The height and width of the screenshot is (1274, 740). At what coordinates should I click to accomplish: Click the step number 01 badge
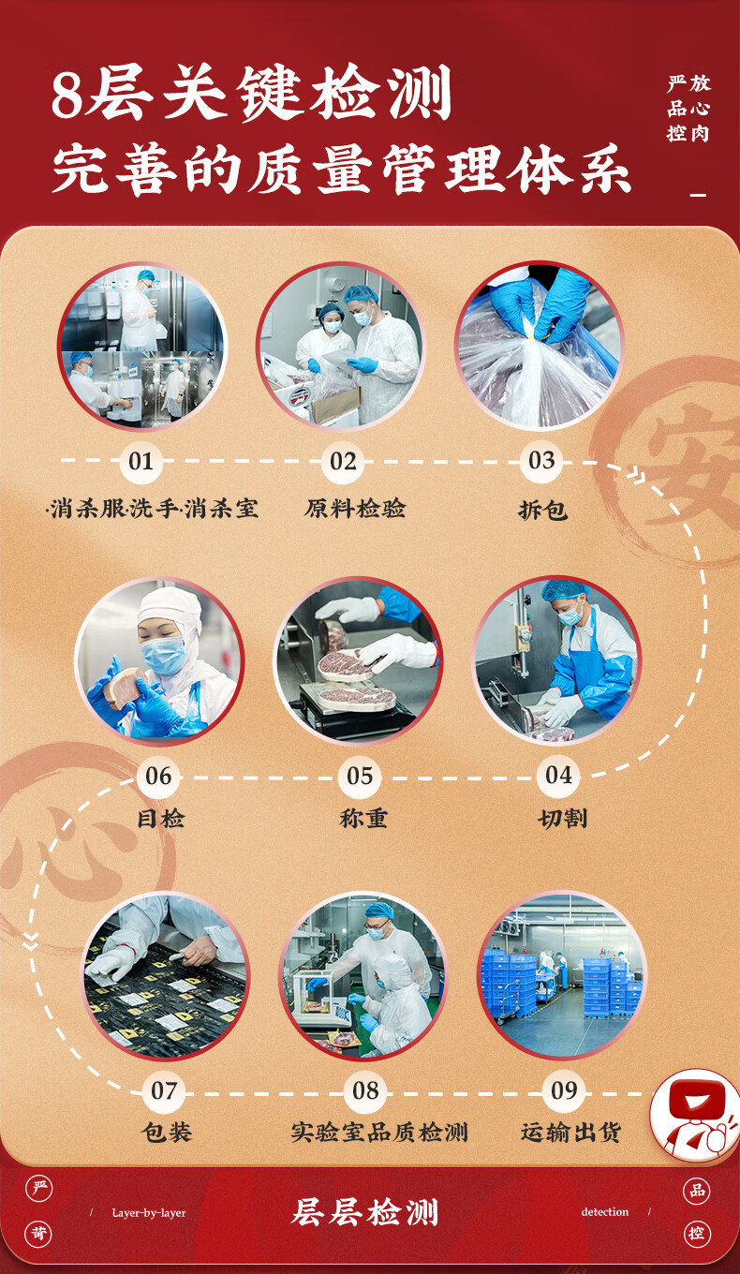pyautogui.click(x=141, y=461)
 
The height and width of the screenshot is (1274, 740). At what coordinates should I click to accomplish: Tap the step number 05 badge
pyautogui.click(x=360, y=776)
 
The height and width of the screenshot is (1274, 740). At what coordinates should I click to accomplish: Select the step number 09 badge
pyautogui.click(x=564, y=1090)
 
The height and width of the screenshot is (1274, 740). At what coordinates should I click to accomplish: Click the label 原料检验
pyautogui.click(x=355, y=509)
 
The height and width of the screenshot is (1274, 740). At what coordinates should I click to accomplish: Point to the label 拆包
pyautogui.click(x=542, y=511)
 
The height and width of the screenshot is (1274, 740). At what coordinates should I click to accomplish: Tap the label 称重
pyautogui.click(x=363, y=818)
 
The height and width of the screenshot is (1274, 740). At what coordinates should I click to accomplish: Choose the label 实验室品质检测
pyautogui.click(x=378, y=1133)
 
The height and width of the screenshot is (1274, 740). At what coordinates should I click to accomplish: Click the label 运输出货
pyautogui.click(x=570, y=1133)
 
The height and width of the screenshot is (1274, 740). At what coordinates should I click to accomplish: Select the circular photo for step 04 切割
pyautogui.click(x=556, y=660)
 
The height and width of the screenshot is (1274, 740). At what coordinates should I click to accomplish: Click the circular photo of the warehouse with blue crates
pyautogui.click(x=562, y=975)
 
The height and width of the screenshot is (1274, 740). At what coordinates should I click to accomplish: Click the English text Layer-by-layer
pyautogui.click(x=149, y=1213)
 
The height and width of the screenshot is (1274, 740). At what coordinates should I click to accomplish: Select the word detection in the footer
pyautogui.click(x=605, y=1212)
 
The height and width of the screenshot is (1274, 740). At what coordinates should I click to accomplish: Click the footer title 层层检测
pyautogui.click(x=365, y=1213)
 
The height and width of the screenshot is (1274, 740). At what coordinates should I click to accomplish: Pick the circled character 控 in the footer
pyautogui.click(x=697, y=1234)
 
